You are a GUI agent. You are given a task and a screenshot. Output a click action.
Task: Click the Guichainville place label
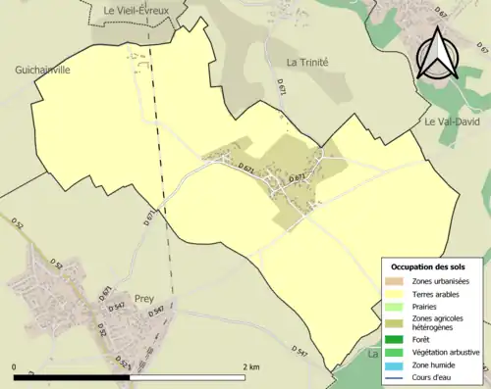click(x=44, y=70)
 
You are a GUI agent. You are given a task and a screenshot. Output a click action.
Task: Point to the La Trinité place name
click(x=306, y=62)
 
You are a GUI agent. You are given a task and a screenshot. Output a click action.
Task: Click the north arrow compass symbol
click(x=438, y=53)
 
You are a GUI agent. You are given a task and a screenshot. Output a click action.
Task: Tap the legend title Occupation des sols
click(x=435, y=267)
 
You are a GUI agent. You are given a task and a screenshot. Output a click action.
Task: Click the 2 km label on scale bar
click(x=250, y=366)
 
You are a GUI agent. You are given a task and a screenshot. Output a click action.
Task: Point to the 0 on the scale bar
click(x=16, y=366)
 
